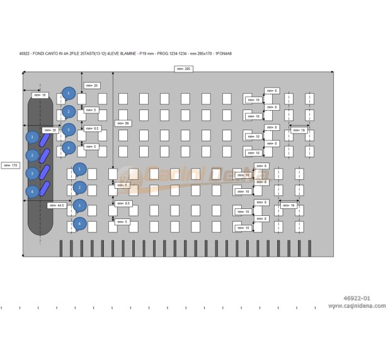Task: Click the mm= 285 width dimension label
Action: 183,68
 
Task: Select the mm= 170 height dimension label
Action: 10,165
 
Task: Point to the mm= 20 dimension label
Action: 91,85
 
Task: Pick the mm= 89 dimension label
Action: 123,123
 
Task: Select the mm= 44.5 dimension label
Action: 57,205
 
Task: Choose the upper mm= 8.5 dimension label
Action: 94,128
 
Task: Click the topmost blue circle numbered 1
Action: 69,92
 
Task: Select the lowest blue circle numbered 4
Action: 79,223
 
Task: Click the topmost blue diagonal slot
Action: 45,139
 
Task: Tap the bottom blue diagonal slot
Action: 45,188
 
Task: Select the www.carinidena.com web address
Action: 357,307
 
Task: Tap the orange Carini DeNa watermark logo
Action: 189,173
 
